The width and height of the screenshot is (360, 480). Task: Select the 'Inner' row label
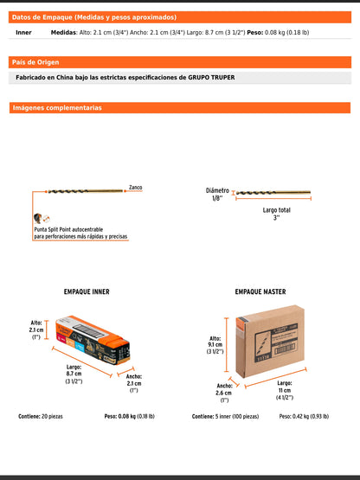tap(24, 33)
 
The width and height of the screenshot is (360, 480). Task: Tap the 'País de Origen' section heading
tap(35, 62)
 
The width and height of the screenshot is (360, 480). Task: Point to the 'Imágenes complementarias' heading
tap(56, 108)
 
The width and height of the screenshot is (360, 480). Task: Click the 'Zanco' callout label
tap(135, 187)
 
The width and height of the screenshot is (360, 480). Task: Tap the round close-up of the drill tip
tap(36, 218)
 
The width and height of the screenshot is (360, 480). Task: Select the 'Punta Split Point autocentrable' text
tap(80, 227)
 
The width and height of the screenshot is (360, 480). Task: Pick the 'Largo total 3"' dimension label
tap(277, 214)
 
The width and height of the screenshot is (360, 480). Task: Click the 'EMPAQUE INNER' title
tap(87, 292)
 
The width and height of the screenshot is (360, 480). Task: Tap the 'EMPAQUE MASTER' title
tap(260, 292)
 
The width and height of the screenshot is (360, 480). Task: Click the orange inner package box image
tap(91, 343)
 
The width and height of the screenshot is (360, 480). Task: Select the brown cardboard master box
tap(269, 343)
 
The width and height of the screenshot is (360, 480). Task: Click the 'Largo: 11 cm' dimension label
tap(284, 389)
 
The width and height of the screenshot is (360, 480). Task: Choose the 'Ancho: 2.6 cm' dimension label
tap(223, 392)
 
